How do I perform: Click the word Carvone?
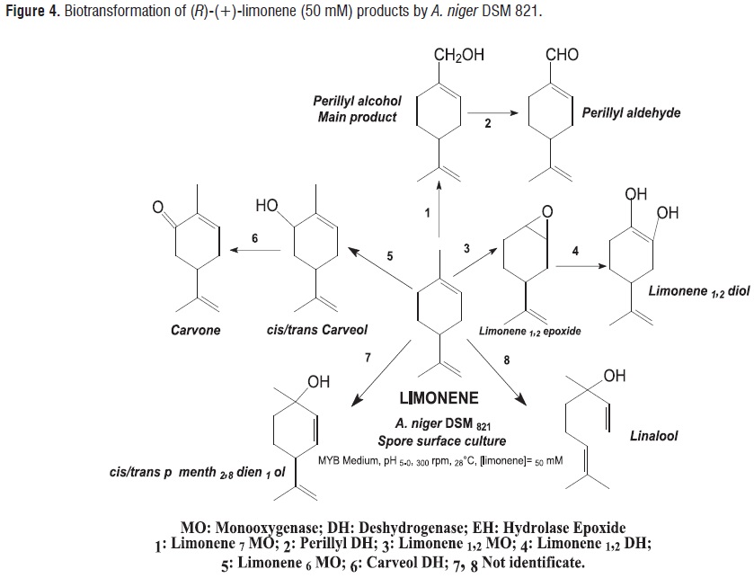click(196, 330)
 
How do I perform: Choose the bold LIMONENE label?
click(439, 396)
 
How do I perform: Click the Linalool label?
click(653, 435)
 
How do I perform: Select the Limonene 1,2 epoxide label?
click(530, 331)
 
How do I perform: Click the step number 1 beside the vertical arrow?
click(429, 212)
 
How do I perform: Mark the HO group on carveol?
click(267, 206)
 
